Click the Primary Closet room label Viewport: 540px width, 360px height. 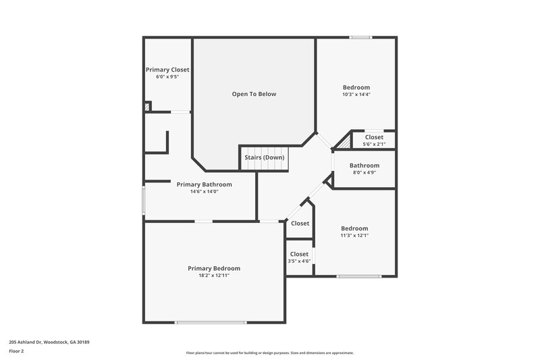(x=167, y=70)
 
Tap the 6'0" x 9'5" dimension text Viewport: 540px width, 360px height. (x=167, y=77)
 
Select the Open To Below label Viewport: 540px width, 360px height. (x=254, y=94)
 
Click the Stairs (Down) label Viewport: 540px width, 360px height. (x=265, y=157)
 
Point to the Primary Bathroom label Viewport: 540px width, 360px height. (x=204, y=184)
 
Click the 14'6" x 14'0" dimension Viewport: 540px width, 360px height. (x=204, y=192)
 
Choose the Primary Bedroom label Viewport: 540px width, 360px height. (x=213, y=268)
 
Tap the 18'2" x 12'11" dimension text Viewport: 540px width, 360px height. (x=213, y=276)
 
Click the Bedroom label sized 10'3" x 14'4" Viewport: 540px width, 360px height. (x=356, y=87)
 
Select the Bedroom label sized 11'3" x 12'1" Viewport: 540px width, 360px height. (x=354, y=228)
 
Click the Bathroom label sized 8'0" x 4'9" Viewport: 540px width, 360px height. (x=364, y=165)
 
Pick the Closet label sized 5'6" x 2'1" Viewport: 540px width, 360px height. (x=374, y=137)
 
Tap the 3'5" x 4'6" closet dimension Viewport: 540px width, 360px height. (x=299, y=261)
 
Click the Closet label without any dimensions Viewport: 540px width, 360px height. (x=300, y=224)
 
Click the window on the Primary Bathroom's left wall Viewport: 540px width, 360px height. (x=143, y=201)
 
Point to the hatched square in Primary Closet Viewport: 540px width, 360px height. (x=148, y=106)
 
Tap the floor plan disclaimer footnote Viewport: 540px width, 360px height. (x=269, y=353)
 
